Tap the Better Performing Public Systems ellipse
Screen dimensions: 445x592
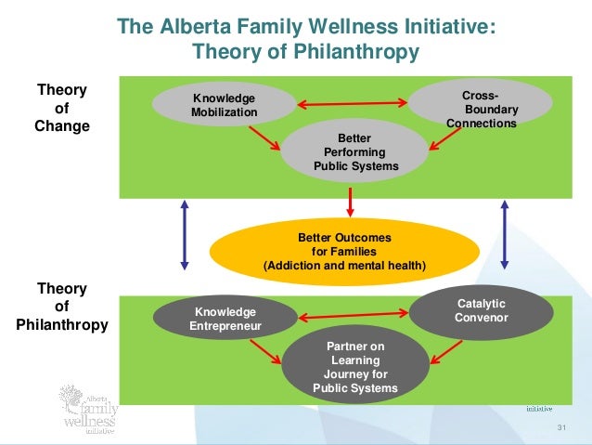[354, 152]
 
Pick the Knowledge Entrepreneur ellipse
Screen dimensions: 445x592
[225, 319]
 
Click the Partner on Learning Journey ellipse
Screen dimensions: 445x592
[355, 367]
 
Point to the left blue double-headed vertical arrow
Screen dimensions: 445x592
[185, 235]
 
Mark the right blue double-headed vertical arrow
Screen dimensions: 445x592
[504, 235]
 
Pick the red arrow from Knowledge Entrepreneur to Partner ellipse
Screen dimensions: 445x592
[264, 351]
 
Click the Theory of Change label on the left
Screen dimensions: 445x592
[62, 108]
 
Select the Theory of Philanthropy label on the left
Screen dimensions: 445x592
[62, 307]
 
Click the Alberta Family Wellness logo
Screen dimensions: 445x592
[86, 407]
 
